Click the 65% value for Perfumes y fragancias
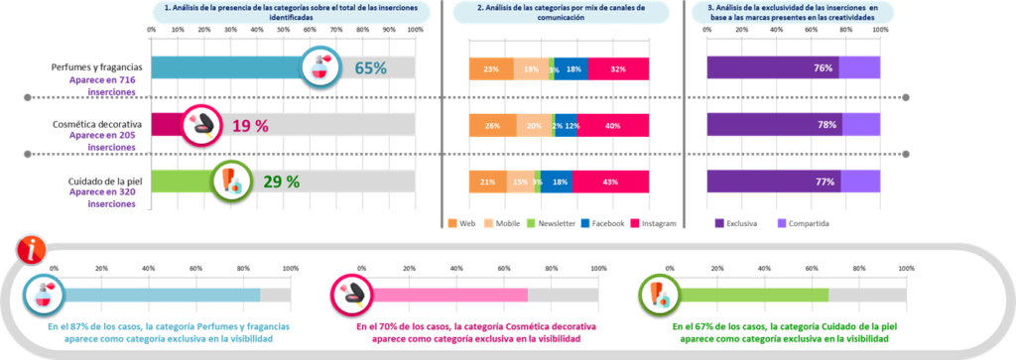370,68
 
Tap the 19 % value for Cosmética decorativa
249,125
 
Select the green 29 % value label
280,181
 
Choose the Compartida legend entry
807,223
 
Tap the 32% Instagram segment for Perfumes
619,68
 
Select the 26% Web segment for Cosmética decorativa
492,125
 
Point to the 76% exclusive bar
772,68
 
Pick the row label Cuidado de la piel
97,181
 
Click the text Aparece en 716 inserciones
103,86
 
